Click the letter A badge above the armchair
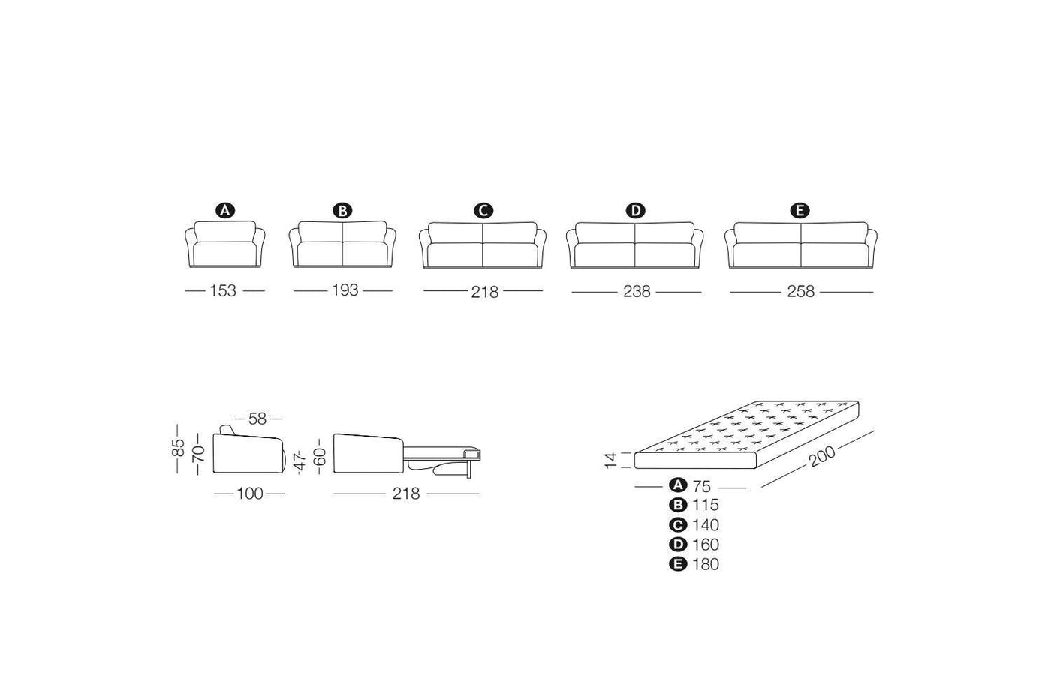(225, 211)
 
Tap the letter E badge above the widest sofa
(800, 211)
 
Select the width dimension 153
(223, 290)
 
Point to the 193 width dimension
(345, 290)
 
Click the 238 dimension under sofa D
(637, 292)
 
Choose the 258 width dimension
(800, 292)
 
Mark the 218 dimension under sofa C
(485, 292)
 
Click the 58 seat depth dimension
(257, 419)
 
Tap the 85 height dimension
(178, 448)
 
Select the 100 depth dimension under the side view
(249, 494)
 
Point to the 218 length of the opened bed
(406, 494)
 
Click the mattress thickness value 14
(610, 461)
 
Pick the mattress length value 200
(823, 455)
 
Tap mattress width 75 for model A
(701, 486)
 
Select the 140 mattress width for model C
(706, 524)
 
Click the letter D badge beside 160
(678, 545)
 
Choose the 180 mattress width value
(706, 564)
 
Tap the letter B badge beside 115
(678, 505)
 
